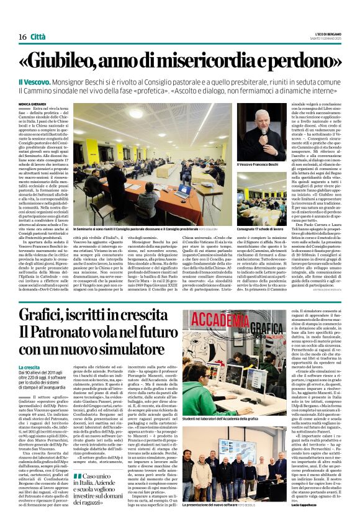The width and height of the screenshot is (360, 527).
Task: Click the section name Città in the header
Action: pos(38,37)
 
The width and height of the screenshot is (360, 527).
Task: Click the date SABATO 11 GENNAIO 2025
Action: pos(325,39)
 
